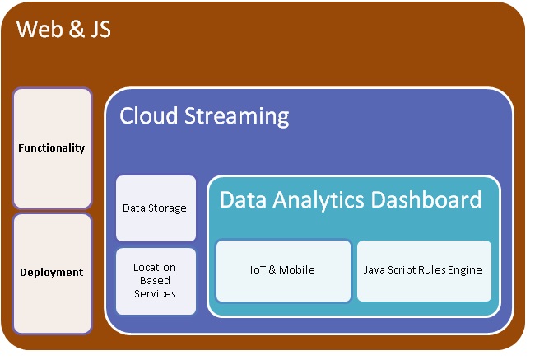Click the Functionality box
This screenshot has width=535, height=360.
(52, 148)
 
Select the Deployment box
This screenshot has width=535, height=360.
(52, 273)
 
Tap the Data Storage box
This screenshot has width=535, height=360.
(156, 208)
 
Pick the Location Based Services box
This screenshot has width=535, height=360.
(156, 280)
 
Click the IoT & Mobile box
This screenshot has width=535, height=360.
(282, 269)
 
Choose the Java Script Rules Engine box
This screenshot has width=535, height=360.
(423, 269)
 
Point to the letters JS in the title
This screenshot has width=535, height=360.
(97, 30)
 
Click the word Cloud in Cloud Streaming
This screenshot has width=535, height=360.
(148, 115)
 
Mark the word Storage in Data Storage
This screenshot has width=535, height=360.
(169, 208)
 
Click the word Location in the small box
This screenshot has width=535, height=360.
(156, 267)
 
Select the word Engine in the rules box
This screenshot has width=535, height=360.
(465, 269)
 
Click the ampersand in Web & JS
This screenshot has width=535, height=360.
(72, 30)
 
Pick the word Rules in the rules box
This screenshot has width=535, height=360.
(433, 269)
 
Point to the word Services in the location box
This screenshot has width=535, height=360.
(156, 293)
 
